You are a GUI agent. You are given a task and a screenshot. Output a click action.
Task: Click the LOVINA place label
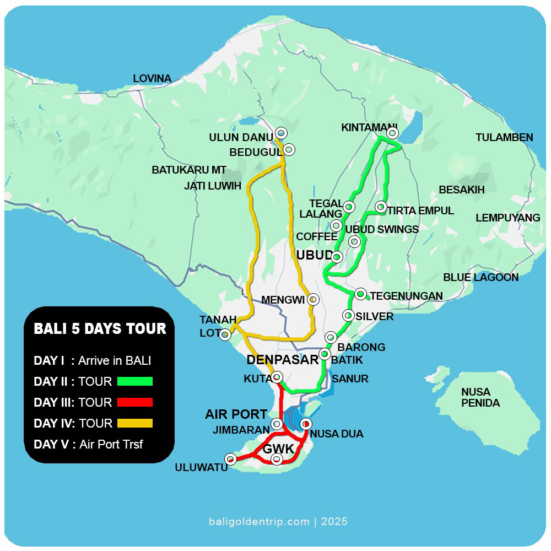pos(152,79)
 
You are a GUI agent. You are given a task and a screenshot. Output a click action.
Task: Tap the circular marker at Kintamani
pos(392,133)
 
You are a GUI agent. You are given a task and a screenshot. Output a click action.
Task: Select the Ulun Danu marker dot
pos(281,133)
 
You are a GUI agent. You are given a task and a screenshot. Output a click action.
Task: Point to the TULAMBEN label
pos(504,137)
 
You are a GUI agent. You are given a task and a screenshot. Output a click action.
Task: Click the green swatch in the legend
pos(134,381)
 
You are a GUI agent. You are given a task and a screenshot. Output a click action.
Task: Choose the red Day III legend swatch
pos(134,402)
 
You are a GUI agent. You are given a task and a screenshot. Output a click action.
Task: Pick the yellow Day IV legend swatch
pos(134,423)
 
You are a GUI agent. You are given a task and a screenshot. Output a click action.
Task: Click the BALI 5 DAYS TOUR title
pos(100,329)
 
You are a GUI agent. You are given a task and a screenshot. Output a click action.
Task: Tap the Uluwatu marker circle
pos(231,459)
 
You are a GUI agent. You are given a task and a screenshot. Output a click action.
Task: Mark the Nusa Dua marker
pos(306,424)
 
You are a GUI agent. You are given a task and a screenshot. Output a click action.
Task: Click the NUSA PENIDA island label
pos(480,397)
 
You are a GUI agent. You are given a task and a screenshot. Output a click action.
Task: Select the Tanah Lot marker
pos(225,334)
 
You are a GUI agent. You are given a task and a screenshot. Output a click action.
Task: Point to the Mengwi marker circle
pos(312,299)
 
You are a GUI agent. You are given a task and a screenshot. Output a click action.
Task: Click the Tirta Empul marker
pos(380,207)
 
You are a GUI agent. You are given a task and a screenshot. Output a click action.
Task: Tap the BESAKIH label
pos(461,190)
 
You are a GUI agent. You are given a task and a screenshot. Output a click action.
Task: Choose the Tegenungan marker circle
pos(360,294)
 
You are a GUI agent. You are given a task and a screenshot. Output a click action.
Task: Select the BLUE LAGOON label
pos(480,277)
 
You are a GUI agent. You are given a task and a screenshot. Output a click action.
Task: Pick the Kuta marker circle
pos(277,377)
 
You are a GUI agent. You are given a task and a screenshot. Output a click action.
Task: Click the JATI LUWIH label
pos(213,186)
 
